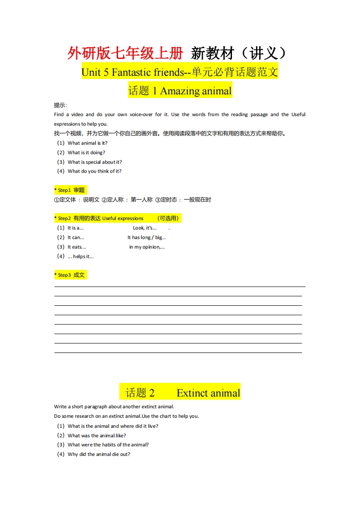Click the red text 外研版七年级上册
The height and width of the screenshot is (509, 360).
click(x=125, y=54)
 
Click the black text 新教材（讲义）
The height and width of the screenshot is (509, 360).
click(x=239, y=54)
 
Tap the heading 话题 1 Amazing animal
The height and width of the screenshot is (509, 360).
click(x=180, y=91)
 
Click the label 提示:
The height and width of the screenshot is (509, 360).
click(x=60, y=105)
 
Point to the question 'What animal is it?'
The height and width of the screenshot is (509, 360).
click(x=87, y=143)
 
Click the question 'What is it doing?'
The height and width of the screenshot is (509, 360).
click(x=86, y=152)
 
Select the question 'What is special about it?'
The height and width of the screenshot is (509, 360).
click(x=94, y=162)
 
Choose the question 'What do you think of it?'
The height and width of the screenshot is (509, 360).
click(x=94, y=171)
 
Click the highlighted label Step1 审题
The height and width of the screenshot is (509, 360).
click(x=70, y=190)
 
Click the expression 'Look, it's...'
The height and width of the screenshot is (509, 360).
click(x=145, y=228)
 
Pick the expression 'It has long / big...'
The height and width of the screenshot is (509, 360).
click(x=146, y=237)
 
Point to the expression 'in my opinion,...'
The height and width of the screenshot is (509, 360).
click(x=147, y=247)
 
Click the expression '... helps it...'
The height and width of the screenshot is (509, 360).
click(x=80, y=256)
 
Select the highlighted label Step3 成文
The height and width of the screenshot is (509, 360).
click(x=70, y=275)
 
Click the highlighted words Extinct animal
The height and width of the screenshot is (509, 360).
click(x=208, y=393)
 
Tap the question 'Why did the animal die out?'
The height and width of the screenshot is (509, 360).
click(x=99, y=454)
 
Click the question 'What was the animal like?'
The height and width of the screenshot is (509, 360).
click(x=97, y=436)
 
